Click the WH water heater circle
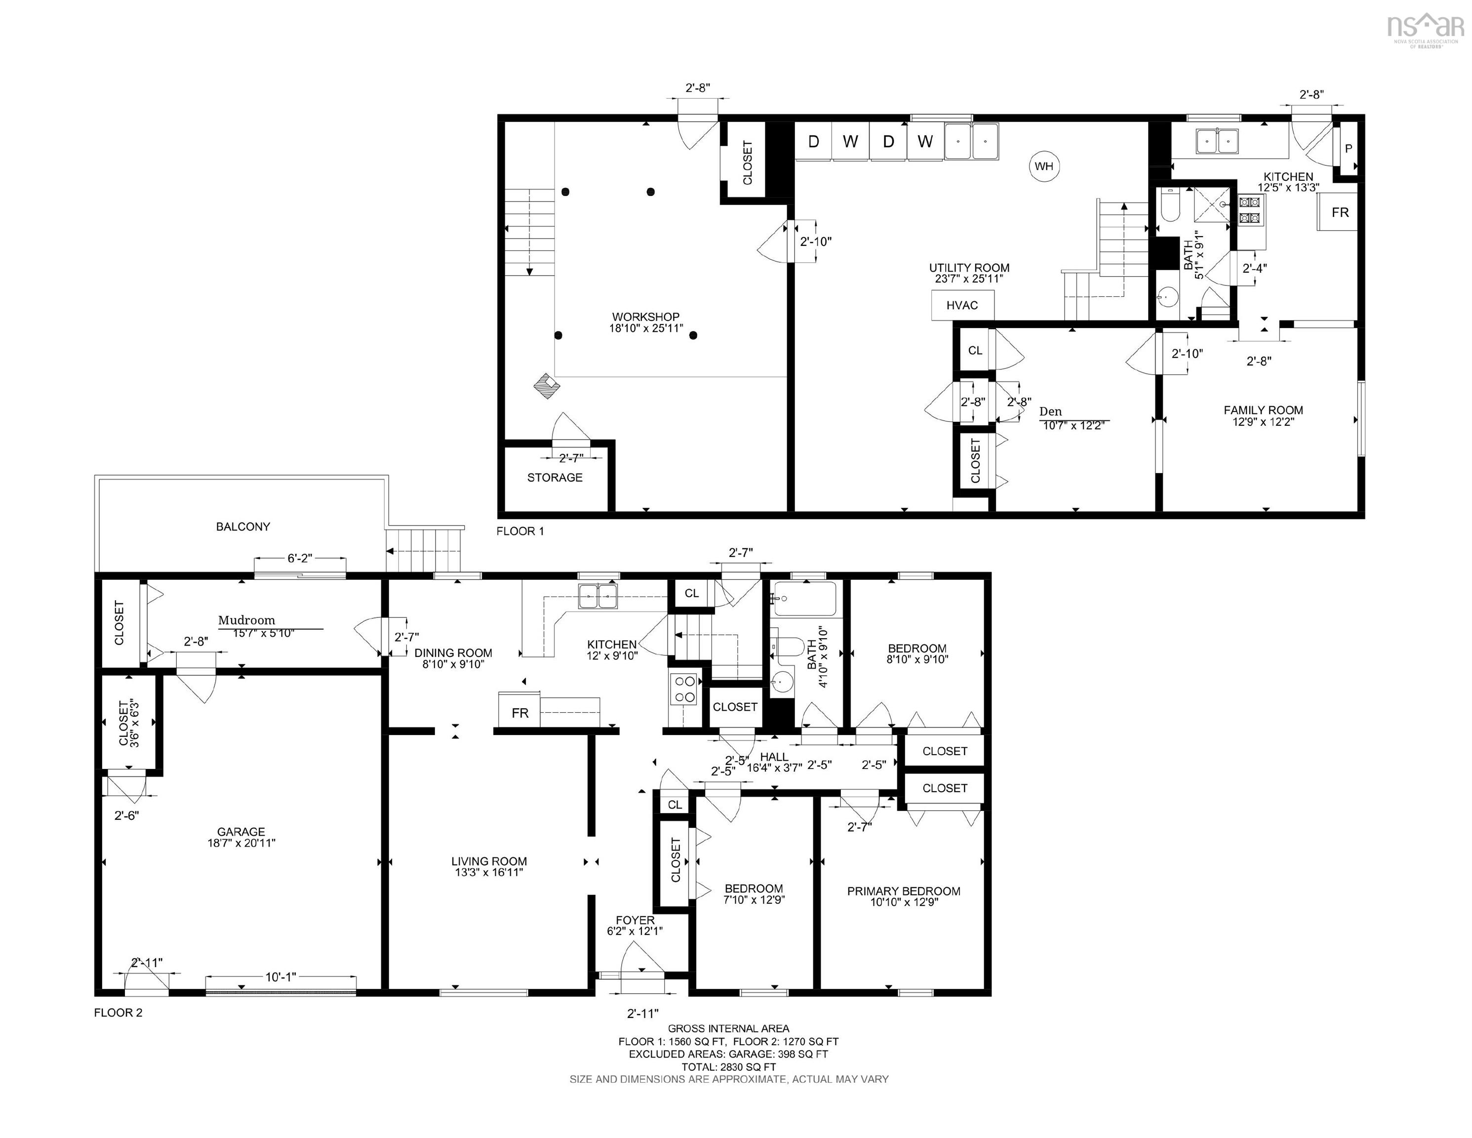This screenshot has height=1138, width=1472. pos(1043,166)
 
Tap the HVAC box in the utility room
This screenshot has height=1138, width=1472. pos(962,305)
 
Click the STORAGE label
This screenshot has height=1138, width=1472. pos(555,477)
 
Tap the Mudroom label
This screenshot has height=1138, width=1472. pos(247,620)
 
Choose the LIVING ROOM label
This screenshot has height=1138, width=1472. pos(489,861)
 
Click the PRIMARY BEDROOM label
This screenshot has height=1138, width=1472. pos(904,891)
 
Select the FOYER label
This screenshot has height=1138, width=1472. pos(635,920)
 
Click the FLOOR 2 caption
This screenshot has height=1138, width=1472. pos(118,1013)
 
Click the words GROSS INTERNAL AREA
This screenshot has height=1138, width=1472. pos(728,1029)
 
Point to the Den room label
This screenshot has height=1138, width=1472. pos(1050,411)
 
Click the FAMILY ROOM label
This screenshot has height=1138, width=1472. pos(1263,410)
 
